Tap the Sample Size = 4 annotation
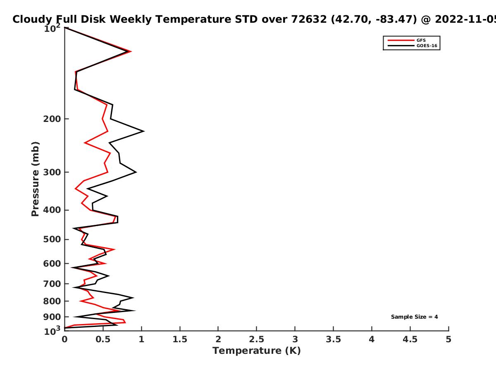tap(415, 317)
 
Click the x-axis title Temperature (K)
tap(257, 351)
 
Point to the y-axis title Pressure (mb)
tap(35, 179)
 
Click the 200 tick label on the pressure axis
tap(52, 119)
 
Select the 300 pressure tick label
tap(52, 172)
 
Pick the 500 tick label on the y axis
tap(52, 239)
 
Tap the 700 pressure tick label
tap(52, 284)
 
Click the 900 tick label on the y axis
tap(52, 317)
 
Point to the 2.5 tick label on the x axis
tap(257, 339)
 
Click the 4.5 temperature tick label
tap(410, 339)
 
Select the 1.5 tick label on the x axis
tap(180, 339)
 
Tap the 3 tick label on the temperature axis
tap(295, 339)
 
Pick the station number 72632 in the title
tap(309, 19)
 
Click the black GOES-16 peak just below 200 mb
tap(144, 131)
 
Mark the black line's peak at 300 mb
tap(136, 172)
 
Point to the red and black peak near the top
tap(130, 52)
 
